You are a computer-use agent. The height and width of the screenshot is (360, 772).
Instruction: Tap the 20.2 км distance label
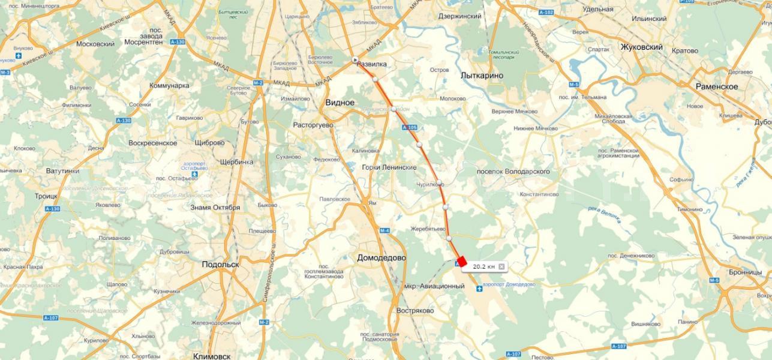(x=483, y=266)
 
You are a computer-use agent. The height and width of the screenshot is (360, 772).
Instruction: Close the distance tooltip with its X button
(x=501, y=266)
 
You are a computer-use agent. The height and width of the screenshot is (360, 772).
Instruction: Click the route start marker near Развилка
(x=355, y=59)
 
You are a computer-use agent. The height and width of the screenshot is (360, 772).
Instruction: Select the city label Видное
(x=340, y=103)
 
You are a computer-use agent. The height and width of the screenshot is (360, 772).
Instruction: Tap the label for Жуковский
(x=641, y=47)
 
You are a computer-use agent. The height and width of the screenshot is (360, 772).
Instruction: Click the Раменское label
(x=716, y=86)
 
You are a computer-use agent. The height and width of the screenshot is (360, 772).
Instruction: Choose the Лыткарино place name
(x=482, y=76)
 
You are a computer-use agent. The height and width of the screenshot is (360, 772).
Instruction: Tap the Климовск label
(x=212, y=356)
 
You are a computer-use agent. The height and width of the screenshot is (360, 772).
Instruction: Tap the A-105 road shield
(x=410, y=128)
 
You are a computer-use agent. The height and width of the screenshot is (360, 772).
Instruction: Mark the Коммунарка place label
(x=169, y=85)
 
